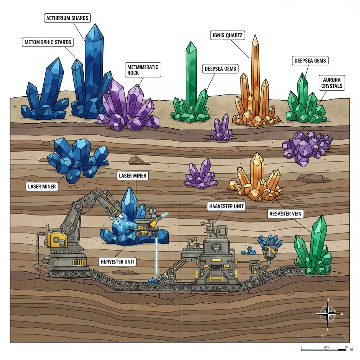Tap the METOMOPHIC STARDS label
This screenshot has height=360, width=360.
(48, 43)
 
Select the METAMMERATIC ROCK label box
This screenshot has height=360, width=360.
(143, 70)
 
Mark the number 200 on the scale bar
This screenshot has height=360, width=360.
(327, 347)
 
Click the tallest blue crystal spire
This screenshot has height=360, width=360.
(94, 63)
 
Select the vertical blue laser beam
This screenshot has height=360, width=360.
(156, 255)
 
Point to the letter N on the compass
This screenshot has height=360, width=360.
(328, 300)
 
